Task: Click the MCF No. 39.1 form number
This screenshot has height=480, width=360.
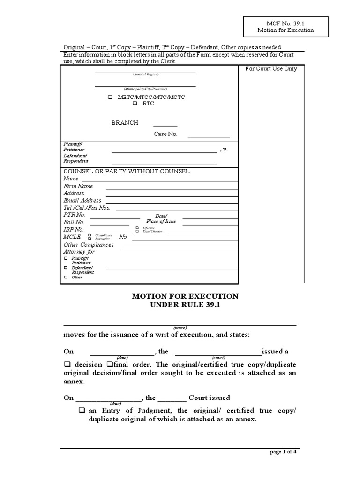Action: tap(285, 22)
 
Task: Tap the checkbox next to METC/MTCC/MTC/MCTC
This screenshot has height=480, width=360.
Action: tap(110, 97)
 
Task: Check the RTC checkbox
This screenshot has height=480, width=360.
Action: tap(135, 104)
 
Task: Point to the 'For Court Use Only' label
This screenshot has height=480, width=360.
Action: tap(271, 69)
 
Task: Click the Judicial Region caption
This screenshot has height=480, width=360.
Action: tap(145, 75)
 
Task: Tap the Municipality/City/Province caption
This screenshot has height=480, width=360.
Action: tap(145, 89)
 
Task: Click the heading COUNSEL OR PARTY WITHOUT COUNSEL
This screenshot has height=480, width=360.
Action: tap(127, 172)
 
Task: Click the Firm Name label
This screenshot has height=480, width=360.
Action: tap(78, 186)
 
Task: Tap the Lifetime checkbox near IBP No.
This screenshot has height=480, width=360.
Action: tap(137, 228)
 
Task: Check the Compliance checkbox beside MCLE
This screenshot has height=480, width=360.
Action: tap(90, 235)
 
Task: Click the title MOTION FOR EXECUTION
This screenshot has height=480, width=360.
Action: tap(185, 296)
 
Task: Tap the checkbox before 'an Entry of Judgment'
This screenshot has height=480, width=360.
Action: tap(82, 411)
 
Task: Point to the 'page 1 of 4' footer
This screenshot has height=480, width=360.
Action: tap(283, 452)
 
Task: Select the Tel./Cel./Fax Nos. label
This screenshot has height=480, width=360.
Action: tap(87, 208)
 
